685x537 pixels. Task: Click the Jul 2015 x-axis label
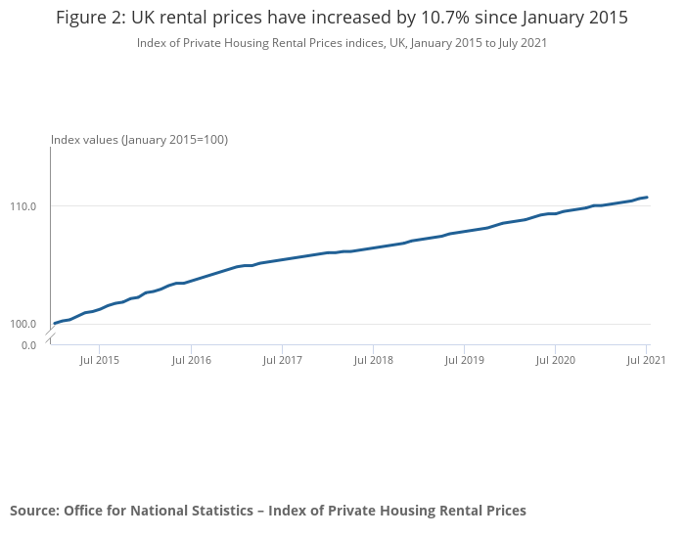[99, 361]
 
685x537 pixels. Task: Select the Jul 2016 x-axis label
[191, 361]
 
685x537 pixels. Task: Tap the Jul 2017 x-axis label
[282, 361]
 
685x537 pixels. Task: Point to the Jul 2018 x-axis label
[373, 361]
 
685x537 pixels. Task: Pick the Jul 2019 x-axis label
[464, 361]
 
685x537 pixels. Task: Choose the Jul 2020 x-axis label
[556, 361]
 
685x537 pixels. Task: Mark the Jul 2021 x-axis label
[646, 361]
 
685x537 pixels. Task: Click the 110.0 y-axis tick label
[23, 206]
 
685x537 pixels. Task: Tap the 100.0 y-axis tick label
[23, 324]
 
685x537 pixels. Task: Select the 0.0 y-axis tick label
[28, 344]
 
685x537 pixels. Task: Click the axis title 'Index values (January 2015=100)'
[139, 140]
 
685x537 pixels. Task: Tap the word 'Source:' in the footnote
[34, 511]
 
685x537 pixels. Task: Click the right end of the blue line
[647, 198]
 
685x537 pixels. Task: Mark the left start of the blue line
[55, 323]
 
